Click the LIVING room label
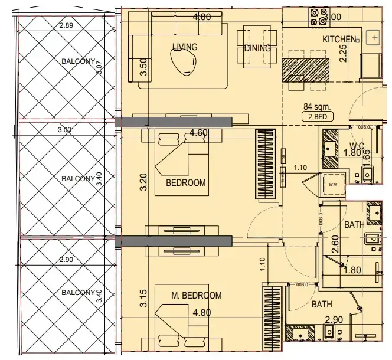click(185, 47)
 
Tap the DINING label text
click(257, 48)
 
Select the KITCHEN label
click(339, 40)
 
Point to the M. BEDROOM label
click(197, 296)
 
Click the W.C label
click(356, 146)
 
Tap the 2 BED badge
click(317, 117)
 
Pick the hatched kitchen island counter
click(307, 70)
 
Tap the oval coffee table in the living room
click(182, 61)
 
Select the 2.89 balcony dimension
click(66, 25)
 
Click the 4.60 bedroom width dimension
click(198, 133)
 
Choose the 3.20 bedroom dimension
click(142, 182)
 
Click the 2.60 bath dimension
click(335, 244)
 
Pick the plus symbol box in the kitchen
click(374, 38)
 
